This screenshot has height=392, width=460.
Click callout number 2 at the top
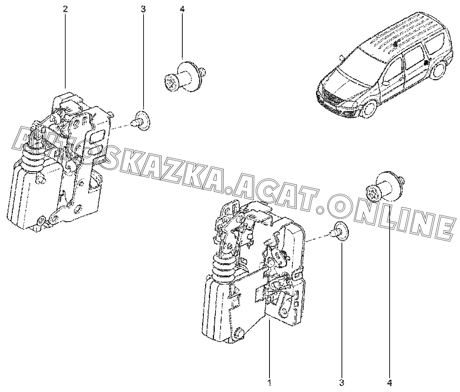pos(65,9)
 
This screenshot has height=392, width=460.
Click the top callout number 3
pos(143,9)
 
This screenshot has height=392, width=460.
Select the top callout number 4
pos(182,9)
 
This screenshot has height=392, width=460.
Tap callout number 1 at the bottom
pos(269,383)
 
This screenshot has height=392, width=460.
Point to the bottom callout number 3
pos(341,383)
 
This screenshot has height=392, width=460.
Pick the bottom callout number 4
pos(390,383)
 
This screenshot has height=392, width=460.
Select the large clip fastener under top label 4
pos(184,74)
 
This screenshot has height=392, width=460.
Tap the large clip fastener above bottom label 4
pos(384,187)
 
